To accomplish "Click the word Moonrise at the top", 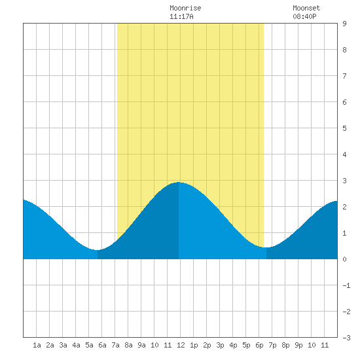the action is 185,8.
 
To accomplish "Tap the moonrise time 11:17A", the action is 181,16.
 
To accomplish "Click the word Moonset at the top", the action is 306,8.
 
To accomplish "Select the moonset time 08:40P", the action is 304,16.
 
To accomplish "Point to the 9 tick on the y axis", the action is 344,24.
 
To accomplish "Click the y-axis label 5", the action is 344,128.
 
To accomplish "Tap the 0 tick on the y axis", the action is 344,259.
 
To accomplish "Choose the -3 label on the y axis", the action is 346,338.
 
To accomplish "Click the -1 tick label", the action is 346,285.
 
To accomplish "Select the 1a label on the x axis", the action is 37,345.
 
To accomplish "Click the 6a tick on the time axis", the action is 102,345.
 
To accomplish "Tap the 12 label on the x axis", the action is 181,345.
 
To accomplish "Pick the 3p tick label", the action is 220,345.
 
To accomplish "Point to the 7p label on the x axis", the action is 272,345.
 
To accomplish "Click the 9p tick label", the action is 298,345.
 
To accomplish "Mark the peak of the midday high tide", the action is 179,183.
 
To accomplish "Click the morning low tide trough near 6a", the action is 98,250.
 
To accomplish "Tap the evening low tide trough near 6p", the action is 266,247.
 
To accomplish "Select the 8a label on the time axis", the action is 128,345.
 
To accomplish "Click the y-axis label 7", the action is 344,76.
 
